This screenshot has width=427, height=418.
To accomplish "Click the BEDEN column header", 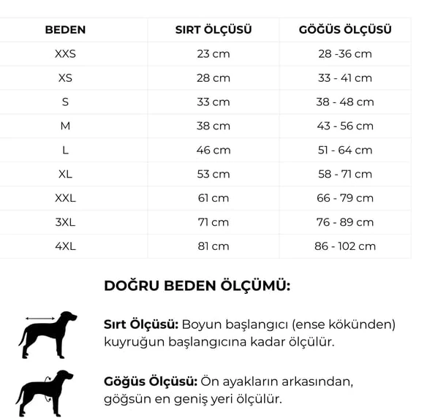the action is pyautogui.click(x=65, y=30).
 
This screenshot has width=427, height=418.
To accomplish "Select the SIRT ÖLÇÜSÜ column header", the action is pyautogui.click(x=213, y=30).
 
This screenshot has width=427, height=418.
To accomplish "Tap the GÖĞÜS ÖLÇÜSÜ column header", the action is pyautogui.click(x=345, y=30).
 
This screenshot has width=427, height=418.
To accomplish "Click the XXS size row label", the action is pyautogui.click(x=65, y=54).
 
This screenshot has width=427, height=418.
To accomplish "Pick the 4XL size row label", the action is pyautogui.click(x=65, y=246).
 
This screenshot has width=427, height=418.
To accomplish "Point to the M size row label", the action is pyautogui.click(x=65, y=126).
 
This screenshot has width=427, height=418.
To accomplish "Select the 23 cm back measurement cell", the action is pyautogui.click(x=213, y=54).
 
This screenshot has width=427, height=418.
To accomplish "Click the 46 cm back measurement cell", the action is pyautogui.click(x=213, y=150).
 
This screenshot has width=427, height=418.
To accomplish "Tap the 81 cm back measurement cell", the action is pyautogui.click(x=213, y=246).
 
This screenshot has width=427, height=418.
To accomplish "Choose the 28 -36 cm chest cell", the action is pyautogui.click(x=345, y=54).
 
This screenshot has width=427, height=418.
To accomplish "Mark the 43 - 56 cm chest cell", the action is pyautogui.click(x=345, y=126).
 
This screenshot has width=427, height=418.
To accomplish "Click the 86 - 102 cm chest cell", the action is pyautogui.click(x=345, y=246).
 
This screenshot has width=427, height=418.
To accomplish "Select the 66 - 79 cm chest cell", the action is pyautogui.click(x=345, y=198).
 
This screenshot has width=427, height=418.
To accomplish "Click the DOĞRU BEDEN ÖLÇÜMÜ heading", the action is pyautogui.click(x=197, y=286).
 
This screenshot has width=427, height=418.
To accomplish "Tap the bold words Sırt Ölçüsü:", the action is pyautogui.click(x=141, y=324).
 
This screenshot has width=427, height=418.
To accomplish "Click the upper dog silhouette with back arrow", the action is pyautogui.click(x=47, y=335).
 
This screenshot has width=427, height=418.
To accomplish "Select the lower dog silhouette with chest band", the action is pyautogui.click(x=45, y=393).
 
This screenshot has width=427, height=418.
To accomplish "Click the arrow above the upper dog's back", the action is pyautogui.click(x=41, y=319).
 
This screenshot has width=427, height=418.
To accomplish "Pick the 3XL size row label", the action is pyautogui.click(x=65, y=222).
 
